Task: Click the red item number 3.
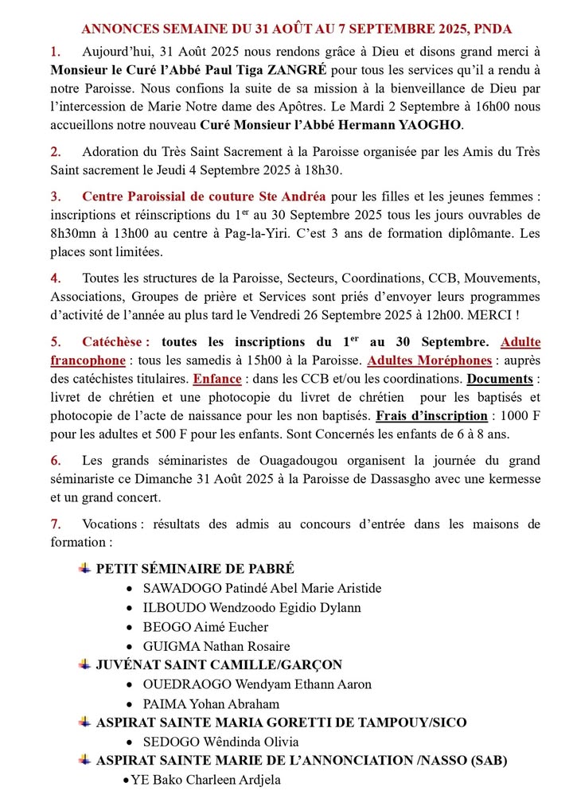tap(55, 197)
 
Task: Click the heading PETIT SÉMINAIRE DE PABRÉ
tap(195, 568)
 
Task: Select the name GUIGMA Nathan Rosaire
tap(216, 646)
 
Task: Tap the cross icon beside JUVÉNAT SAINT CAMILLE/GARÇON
tap(84, 664)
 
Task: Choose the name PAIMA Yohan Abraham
tap(211, 703)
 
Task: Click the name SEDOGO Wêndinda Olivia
tap(213, 742)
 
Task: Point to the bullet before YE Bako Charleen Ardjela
tap(126, 780)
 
